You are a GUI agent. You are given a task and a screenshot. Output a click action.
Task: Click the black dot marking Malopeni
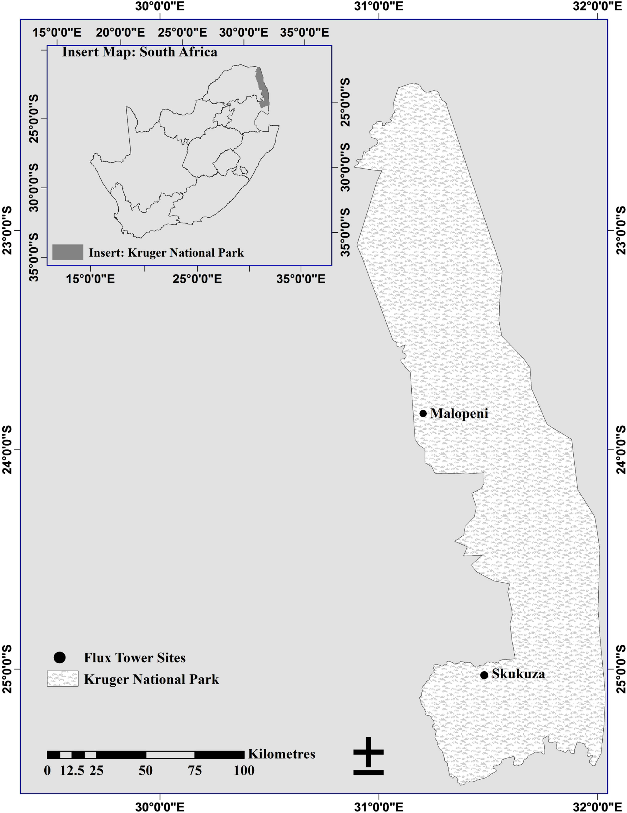423,414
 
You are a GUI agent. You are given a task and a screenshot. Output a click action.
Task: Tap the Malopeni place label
459,414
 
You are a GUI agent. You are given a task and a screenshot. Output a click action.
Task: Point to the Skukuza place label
518,674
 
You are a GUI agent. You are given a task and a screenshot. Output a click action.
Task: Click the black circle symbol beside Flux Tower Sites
59,658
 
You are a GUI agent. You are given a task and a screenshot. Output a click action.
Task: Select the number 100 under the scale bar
244,770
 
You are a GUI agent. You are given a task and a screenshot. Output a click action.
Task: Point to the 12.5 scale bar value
72,770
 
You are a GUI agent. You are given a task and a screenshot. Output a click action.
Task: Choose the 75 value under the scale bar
195,770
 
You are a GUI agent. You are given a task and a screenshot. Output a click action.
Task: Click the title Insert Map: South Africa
139,52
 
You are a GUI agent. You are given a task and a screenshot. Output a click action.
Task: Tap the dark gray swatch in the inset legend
68,252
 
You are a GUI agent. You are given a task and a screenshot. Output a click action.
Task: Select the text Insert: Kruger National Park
166,253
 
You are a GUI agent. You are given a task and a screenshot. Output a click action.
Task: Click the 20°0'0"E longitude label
120,33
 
